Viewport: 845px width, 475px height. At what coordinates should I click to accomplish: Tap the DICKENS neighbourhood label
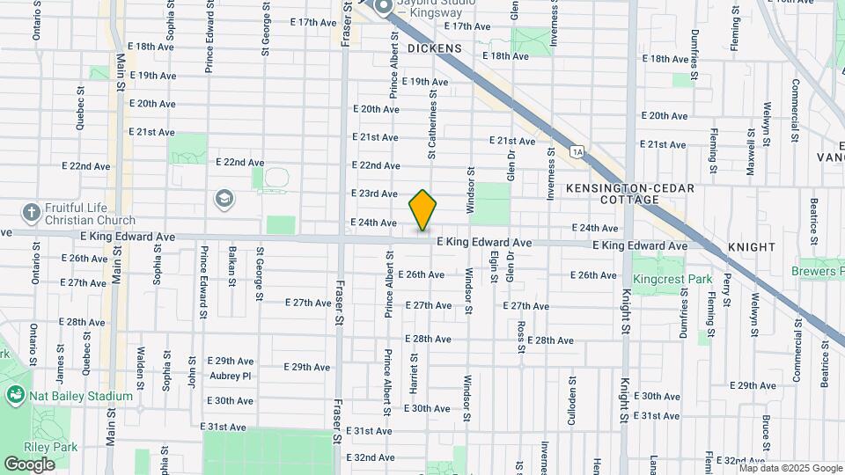pyautogui.click(x=434, y=47)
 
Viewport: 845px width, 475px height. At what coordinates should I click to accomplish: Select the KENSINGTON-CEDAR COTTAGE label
pyautogui.click(x=630, y=194)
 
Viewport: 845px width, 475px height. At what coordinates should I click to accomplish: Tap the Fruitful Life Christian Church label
pyautogui.click(x=92, y=214)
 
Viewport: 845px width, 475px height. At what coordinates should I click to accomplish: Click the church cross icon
pyautogui.click(x=32, y=212)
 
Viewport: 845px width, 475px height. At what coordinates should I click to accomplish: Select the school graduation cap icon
pyautogui.click(x=224, y=198)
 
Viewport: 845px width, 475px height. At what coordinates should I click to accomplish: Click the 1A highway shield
pyautogui.click(x=577, y=151)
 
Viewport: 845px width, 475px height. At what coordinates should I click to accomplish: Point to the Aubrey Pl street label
pyautogui.click(x=231, y=376)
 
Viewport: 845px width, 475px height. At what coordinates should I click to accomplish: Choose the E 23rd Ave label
pyautogui.click(x=374, y=194)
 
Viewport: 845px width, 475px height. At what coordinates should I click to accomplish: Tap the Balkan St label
pyautogui.click(x=232, y=266)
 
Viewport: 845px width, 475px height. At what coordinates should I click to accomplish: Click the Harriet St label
pyautogui.click(x=412, y=373)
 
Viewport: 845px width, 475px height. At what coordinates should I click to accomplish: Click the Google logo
pyautogui.click(x=30, y=464)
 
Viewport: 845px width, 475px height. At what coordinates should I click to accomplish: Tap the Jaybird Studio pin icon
pyautogui.click(x=384, y=8)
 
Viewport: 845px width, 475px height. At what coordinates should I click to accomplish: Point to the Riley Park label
pyautogui.click(x=52, y=447)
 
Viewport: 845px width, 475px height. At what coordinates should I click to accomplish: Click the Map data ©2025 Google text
pyautogui.click(x=790, y=468)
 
